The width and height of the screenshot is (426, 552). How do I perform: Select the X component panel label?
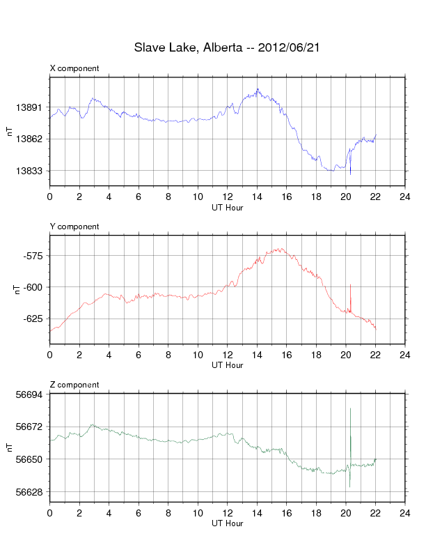coord(74,68)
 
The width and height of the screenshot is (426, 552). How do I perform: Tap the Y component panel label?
coord(74,227)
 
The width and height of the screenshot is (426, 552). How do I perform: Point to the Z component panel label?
coord(74,385)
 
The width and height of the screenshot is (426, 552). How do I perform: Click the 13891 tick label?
coord(29,107)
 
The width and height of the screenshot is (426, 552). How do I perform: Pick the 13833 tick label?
coord(29,171)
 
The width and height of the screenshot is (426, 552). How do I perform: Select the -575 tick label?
coord(33,256)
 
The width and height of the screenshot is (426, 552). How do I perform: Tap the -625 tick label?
coord(33,319)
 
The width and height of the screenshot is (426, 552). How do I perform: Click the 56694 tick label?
coord(29,394)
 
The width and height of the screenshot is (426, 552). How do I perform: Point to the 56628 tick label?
coord(29,492)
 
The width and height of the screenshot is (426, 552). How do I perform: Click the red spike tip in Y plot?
coord(350,284)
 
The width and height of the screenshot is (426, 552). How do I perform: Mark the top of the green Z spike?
coord(350,408)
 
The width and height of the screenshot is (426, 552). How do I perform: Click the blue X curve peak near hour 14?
coord(258,89)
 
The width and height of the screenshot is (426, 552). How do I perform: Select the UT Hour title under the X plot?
coord(228,208)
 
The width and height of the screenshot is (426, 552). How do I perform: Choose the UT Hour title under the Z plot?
coord(228,523)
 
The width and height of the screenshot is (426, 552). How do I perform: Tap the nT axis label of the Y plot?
coord(17,289)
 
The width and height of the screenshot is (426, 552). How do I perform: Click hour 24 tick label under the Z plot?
coord(405,513)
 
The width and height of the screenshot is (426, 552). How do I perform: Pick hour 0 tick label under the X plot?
coord(50,197)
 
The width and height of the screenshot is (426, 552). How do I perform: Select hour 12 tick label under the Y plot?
coord(228,355)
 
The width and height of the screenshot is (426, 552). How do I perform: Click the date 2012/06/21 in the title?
coord(289,47)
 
